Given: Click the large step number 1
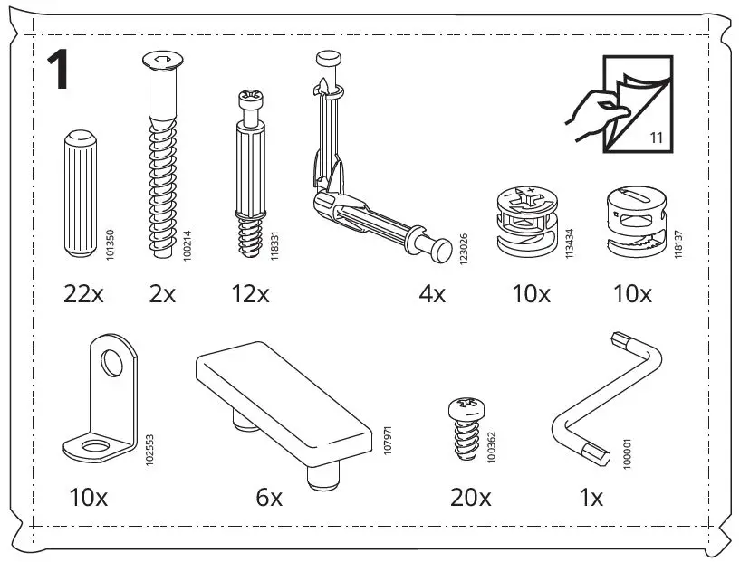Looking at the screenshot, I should pos(60,70).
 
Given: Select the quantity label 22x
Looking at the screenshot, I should pos(84,293).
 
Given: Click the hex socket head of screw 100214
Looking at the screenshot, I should pos(159,62).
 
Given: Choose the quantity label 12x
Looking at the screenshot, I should pos(250,293).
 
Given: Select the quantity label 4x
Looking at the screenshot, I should pos(432,293).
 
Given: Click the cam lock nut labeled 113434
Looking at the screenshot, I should pos(528,220).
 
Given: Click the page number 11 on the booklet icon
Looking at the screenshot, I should pos(656,138).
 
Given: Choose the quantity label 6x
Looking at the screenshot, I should pos(268,497).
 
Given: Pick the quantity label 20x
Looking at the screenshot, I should pos(471,497).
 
